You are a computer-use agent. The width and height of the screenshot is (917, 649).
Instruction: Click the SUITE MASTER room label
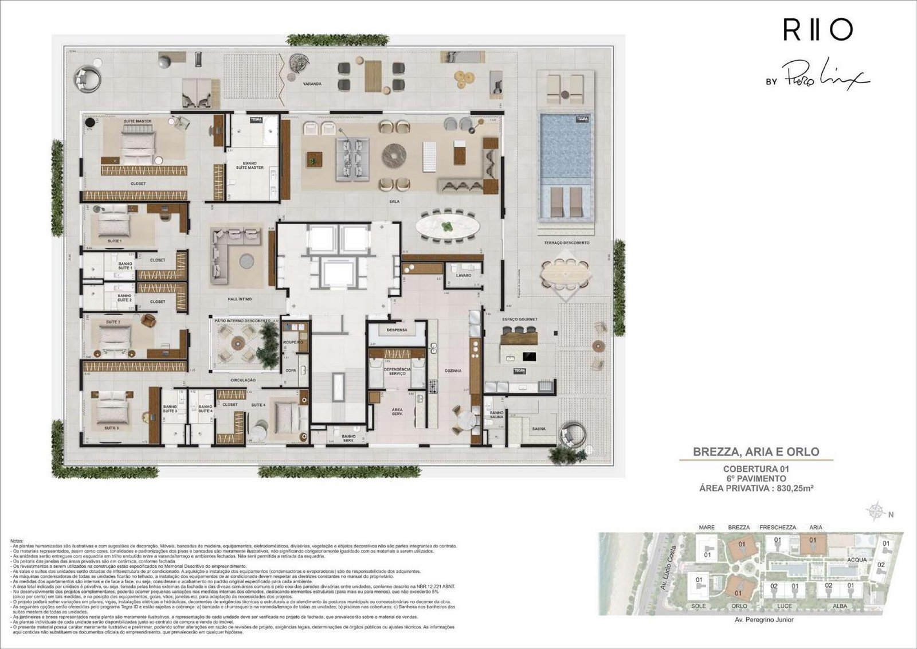(138, 122)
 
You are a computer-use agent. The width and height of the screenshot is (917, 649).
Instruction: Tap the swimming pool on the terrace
(565, 146)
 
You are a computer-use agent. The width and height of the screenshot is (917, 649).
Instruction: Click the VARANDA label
(312, 84)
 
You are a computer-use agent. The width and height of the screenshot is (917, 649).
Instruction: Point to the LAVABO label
(464, 275)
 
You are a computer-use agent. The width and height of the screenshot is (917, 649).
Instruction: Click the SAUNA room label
(538, 429)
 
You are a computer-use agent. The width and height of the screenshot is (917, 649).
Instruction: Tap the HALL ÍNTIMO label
(239, 299)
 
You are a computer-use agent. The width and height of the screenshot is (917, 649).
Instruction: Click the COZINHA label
(453, 371)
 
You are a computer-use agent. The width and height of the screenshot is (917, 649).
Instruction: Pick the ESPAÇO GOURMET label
(519, 319)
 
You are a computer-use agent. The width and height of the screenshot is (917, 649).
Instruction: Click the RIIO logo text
(818, 30)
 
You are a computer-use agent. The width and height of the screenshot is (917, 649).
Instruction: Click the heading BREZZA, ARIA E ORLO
(756, 451)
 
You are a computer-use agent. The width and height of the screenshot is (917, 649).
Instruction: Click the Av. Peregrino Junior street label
(764, 620)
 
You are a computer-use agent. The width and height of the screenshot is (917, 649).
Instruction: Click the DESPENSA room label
(397, 330)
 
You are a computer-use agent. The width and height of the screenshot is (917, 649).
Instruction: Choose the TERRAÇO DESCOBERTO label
(566, 243)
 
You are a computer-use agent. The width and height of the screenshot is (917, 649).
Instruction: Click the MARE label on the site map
(707, 527)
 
